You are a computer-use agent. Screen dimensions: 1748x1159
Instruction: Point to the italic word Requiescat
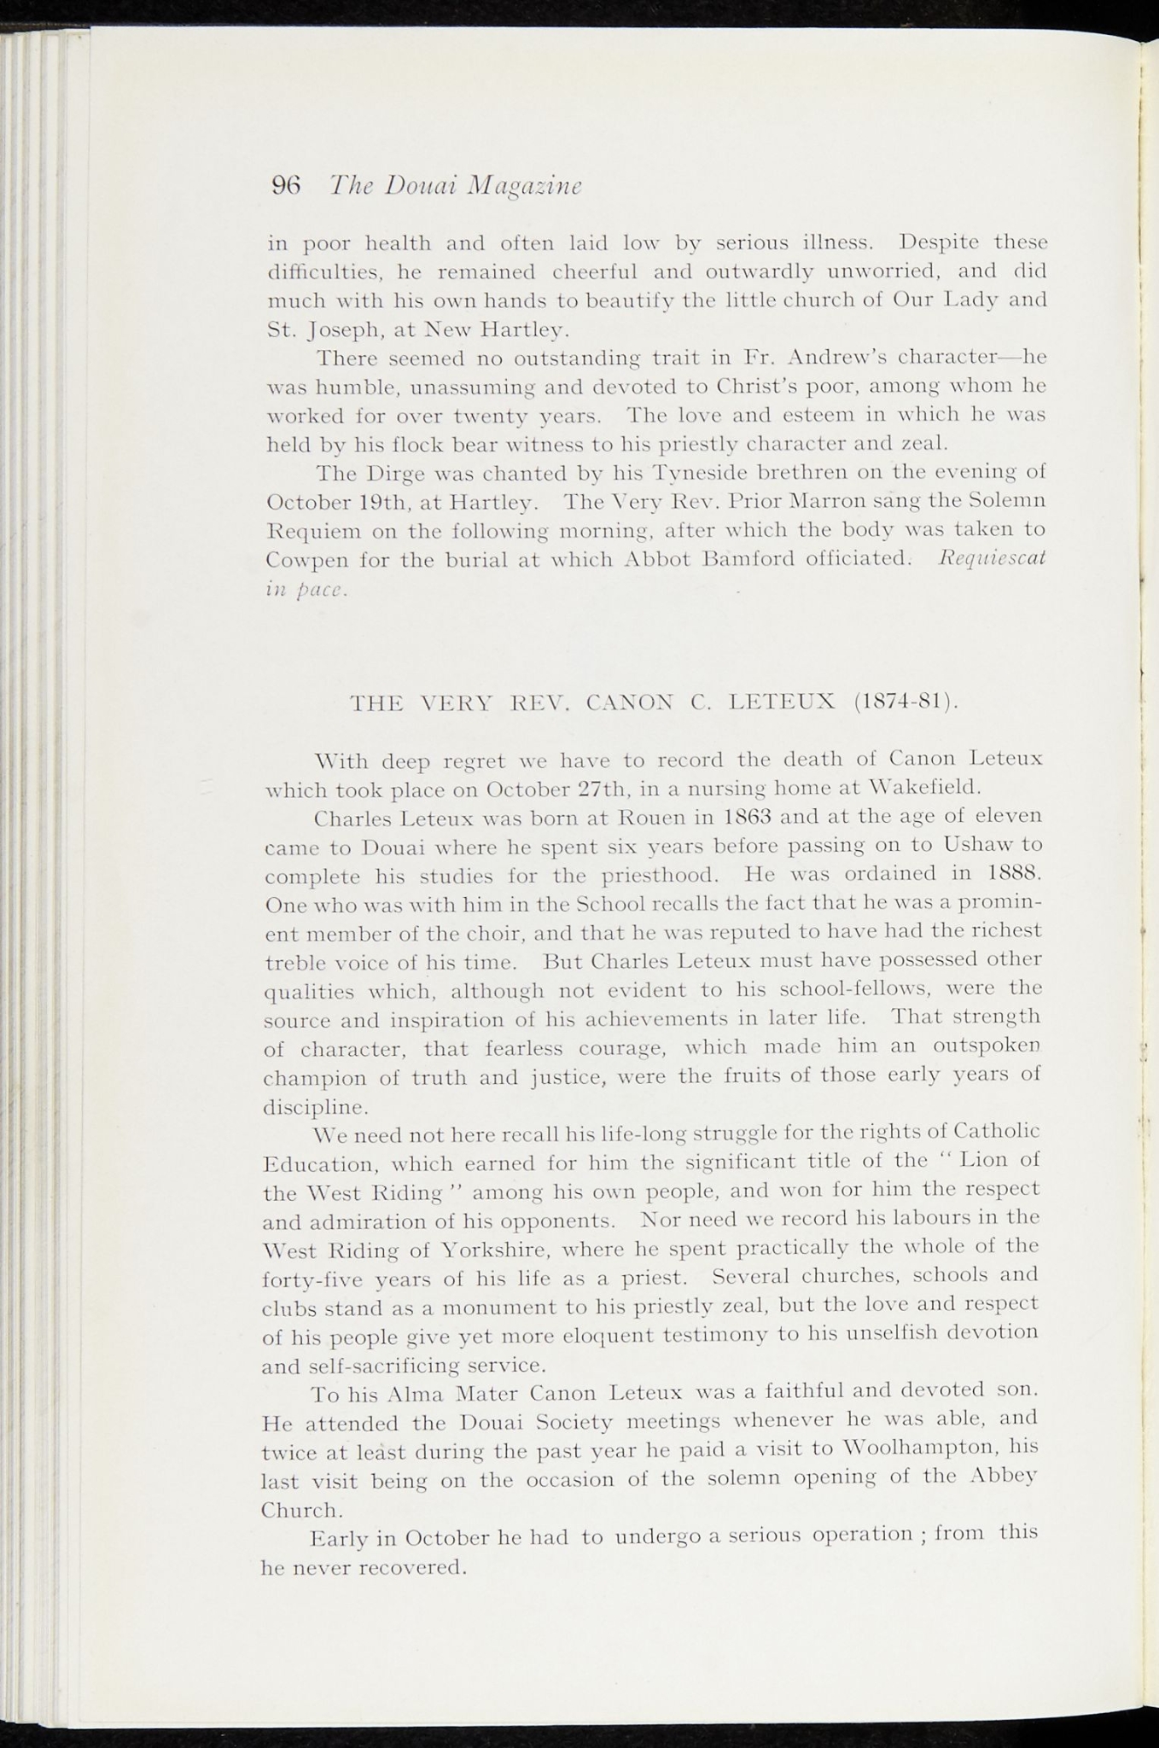pyautogui.click(x=991, y=557)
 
